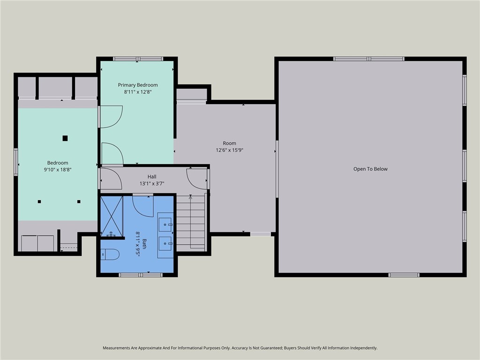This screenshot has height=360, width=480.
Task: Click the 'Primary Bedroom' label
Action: tap(138, 85)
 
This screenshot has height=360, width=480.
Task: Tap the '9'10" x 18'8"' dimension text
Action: tap(58, 170)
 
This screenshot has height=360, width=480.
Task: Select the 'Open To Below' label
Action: tap(370, 169)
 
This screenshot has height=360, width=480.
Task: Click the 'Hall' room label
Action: tap(152, 177)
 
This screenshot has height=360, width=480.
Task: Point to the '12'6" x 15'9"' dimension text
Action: tap(230, 150)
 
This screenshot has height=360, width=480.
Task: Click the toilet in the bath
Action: tap(110, 255)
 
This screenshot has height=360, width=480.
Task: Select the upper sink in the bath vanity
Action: tap(165, 225)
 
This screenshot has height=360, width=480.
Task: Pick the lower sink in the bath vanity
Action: tap(165, 244)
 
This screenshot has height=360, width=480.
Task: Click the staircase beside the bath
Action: tap(191, 223)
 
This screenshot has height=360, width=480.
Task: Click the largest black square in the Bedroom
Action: tap(65, 138)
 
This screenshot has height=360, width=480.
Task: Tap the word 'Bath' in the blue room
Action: tap(144, 244)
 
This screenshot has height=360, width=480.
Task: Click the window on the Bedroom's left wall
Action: tap(16, 162)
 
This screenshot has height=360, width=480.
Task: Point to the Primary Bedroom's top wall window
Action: tap(138, 59)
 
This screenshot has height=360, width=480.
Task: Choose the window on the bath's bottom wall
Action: tap(141, 275)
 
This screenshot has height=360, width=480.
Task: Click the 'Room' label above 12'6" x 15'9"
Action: tap(229, 143)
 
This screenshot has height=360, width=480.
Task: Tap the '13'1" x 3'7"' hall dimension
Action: tap(152, 184)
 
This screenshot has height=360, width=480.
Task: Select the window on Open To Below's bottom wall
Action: tap(404, 275)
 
